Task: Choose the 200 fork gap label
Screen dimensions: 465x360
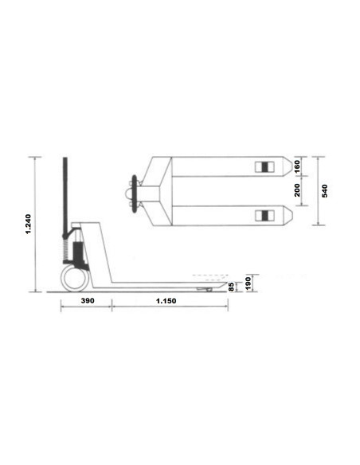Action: coord(296,190)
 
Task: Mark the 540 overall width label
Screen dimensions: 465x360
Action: coord(325,191)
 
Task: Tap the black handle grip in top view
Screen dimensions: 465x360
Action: coord(131,191)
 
